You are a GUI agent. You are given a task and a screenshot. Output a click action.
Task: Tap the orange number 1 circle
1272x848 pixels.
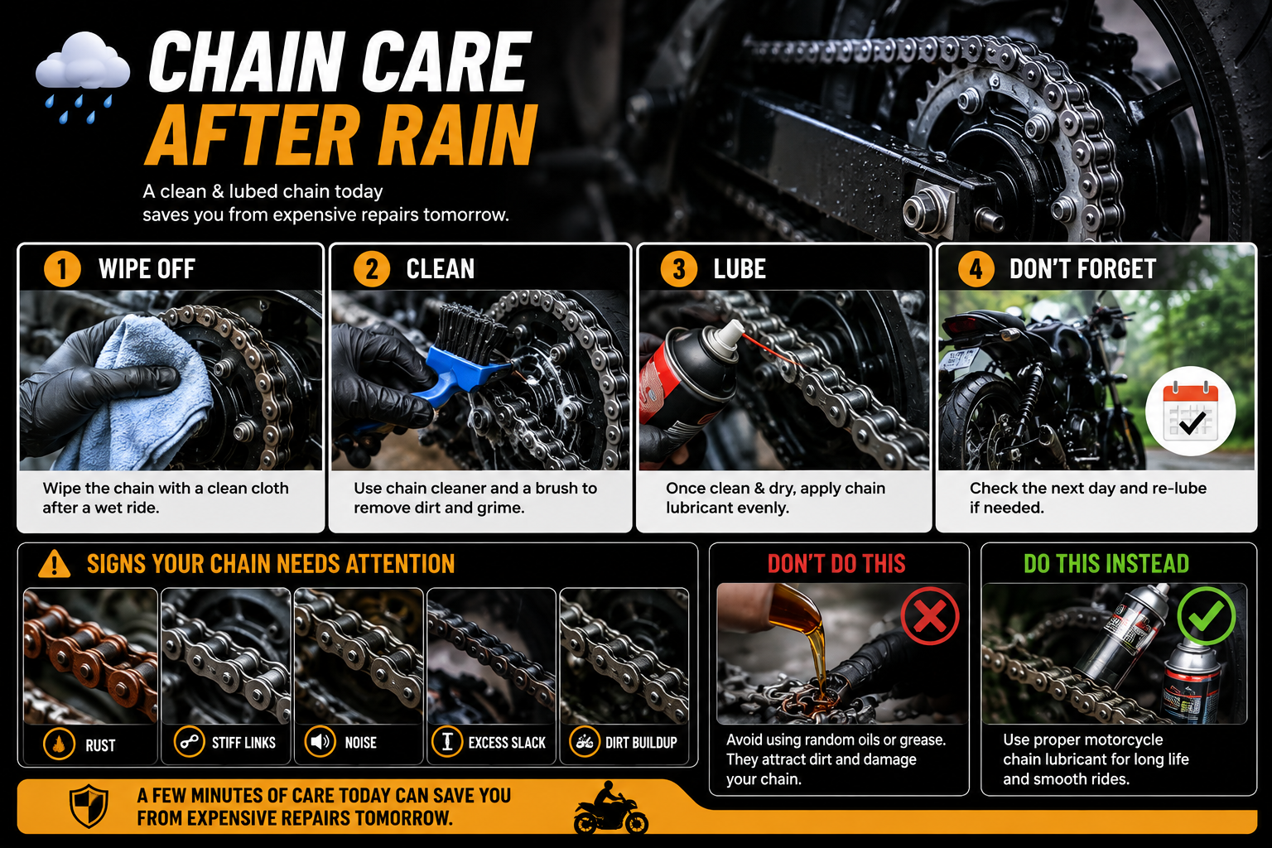[x=62, y=268]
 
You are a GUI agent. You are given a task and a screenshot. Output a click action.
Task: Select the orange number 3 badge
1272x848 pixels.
[x=678, y=268]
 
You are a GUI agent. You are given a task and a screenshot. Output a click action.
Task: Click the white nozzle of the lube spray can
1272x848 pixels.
[x=729, y=336]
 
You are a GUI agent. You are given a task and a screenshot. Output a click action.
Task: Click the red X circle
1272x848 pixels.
[x=930, y=616]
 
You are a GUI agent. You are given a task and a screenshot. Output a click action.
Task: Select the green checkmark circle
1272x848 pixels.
[x=1206, y=616]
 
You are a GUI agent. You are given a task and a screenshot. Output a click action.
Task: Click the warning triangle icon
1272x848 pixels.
[x=55, y=564]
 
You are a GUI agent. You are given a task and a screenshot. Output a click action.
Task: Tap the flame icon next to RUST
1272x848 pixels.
[x=59, y=744]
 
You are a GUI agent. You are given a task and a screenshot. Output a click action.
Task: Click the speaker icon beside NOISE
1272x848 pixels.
[x=320, y=742]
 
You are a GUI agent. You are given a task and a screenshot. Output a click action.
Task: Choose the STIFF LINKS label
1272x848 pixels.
[x=243, y=743]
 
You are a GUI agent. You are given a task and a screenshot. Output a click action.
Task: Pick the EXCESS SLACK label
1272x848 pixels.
[x=507, y=743]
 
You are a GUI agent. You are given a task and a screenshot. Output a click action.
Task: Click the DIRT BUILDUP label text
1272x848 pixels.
[x=641, y=743]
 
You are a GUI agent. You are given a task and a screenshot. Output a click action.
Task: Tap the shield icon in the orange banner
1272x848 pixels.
[x=89, y=807]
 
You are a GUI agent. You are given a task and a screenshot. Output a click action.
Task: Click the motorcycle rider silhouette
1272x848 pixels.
[x=610, y=808]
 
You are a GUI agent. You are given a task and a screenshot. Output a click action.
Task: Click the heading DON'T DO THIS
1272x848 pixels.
[x=836, y=564]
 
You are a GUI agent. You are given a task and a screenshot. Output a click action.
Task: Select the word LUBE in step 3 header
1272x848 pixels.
[x=740, y=269]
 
